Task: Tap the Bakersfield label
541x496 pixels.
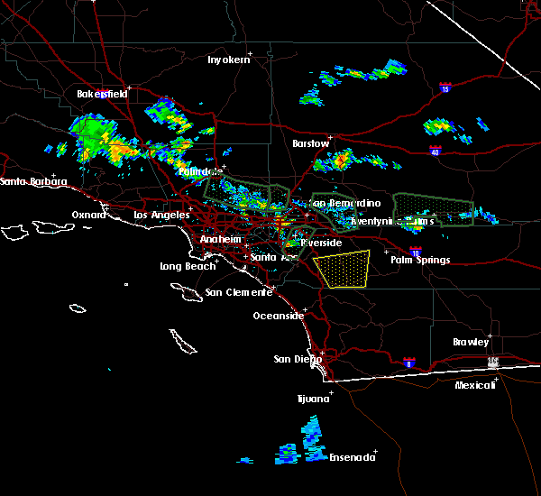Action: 98,94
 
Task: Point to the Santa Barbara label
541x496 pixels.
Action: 33,182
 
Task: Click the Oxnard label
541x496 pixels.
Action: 89,215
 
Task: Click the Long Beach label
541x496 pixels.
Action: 188,266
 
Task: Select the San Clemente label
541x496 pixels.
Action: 238,292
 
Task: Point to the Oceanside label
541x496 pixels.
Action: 278,316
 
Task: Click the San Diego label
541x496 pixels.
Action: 298,359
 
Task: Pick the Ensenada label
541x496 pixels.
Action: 350,457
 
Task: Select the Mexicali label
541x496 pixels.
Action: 474,385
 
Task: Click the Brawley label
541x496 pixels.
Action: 471,342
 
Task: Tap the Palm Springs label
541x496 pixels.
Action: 419,261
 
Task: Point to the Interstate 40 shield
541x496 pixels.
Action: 436,152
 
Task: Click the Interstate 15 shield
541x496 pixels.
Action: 445,88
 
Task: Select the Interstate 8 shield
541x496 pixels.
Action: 409,362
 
